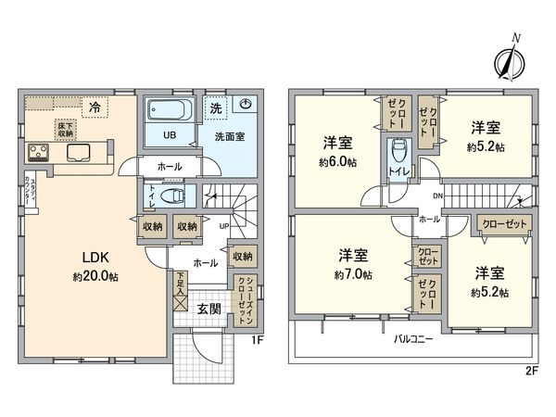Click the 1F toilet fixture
[x=171, y=196]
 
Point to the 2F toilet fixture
[x=398, y=150]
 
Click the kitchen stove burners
[x=41, y=150]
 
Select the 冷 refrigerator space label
[x=94, y=107]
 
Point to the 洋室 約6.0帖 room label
[x=340, y=151]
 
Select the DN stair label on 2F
[x=436, y=196]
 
